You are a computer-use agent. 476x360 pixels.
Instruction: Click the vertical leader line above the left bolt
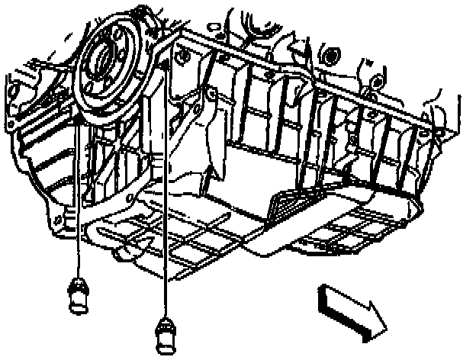(79, 198)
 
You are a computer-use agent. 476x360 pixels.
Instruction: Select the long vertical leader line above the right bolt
(166, 191)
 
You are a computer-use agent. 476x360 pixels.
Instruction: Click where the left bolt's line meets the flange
(79, 118)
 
